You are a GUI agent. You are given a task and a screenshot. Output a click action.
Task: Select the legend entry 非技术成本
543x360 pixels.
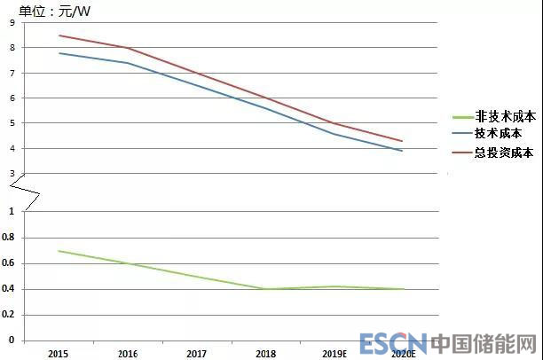[x=505, y=116]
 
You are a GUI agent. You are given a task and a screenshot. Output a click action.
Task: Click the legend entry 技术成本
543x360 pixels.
[x=499, y=133]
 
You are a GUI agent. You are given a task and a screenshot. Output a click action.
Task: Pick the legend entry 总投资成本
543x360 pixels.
[x=505, y=151]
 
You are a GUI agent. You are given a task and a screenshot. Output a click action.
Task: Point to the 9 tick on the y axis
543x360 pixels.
[x=12, y=23]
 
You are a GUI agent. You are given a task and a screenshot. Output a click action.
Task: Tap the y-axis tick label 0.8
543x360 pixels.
[x=10, y=237]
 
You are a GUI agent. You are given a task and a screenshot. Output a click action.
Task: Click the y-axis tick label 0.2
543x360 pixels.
[x=10, y=315]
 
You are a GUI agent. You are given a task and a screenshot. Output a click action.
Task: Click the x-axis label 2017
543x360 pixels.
[x=196, y=353]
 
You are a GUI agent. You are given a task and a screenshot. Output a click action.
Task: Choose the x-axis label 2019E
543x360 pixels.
[x=334, y=353]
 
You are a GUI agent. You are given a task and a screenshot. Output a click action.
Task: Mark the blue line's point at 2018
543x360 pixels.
[x=265, y=108]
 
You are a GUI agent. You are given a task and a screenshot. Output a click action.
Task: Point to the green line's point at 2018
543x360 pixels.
[x=265, y=289]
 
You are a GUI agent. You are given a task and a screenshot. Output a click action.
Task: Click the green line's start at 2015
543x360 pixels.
[x=58, y=251]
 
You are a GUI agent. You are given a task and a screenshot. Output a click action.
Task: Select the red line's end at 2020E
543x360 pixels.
[x=404, y=141]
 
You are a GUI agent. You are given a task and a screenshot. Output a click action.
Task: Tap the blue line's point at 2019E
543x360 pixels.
[x=334, y=134]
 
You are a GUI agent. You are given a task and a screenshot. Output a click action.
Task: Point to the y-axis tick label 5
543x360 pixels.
[x=12, y=123]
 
